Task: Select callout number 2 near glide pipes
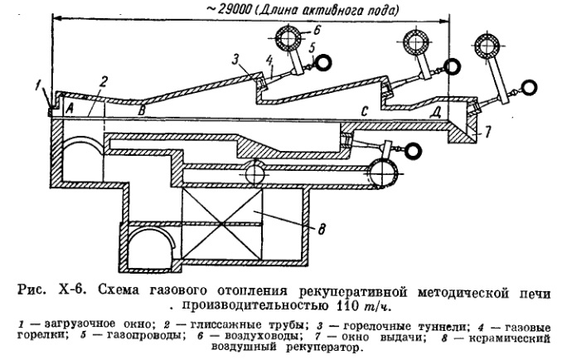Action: tap(103, 80)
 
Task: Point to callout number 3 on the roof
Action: tap(235, 60)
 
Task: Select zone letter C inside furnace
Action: tap(362, 110)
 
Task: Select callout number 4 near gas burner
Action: tap(270, 61)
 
